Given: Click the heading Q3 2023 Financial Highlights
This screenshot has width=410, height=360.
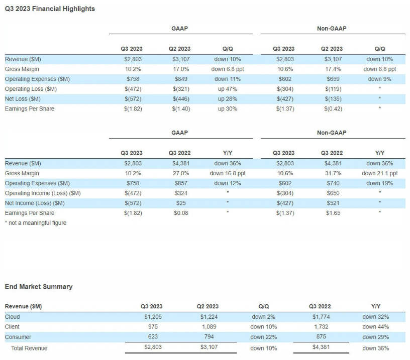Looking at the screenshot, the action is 50,9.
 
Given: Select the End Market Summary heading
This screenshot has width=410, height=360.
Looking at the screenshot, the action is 39,287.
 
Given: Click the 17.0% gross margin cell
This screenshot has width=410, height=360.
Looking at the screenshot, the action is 181,69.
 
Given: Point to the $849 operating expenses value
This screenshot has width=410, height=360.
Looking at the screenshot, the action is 181,79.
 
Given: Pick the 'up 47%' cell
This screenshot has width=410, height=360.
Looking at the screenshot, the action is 228,89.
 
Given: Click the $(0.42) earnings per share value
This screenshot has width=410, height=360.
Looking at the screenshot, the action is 333,109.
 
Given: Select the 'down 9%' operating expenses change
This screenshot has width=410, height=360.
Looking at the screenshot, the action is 380,79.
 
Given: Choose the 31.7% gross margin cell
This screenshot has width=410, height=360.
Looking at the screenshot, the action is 333,173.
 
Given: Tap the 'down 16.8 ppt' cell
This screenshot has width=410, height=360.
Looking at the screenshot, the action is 228,173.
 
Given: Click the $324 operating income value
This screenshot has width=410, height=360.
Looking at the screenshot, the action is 181,193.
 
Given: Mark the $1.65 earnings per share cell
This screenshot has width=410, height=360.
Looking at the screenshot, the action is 333,213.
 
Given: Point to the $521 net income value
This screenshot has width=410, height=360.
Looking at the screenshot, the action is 333,203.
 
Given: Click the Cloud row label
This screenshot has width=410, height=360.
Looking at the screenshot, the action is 12,317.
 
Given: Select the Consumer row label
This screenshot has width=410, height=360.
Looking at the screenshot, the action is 18,337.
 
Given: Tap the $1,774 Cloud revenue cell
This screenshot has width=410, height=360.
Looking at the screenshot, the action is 321,317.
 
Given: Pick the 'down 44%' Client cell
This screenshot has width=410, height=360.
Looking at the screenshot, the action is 375,327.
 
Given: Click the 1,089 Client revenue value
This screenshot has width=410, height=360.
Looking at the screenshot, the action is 209,327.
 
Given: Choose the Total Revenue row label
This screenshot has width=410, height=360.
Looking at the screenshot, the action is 29,348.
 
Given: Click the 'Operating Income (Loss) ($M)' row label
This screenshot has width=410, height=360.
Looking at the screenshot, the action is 43,193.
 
